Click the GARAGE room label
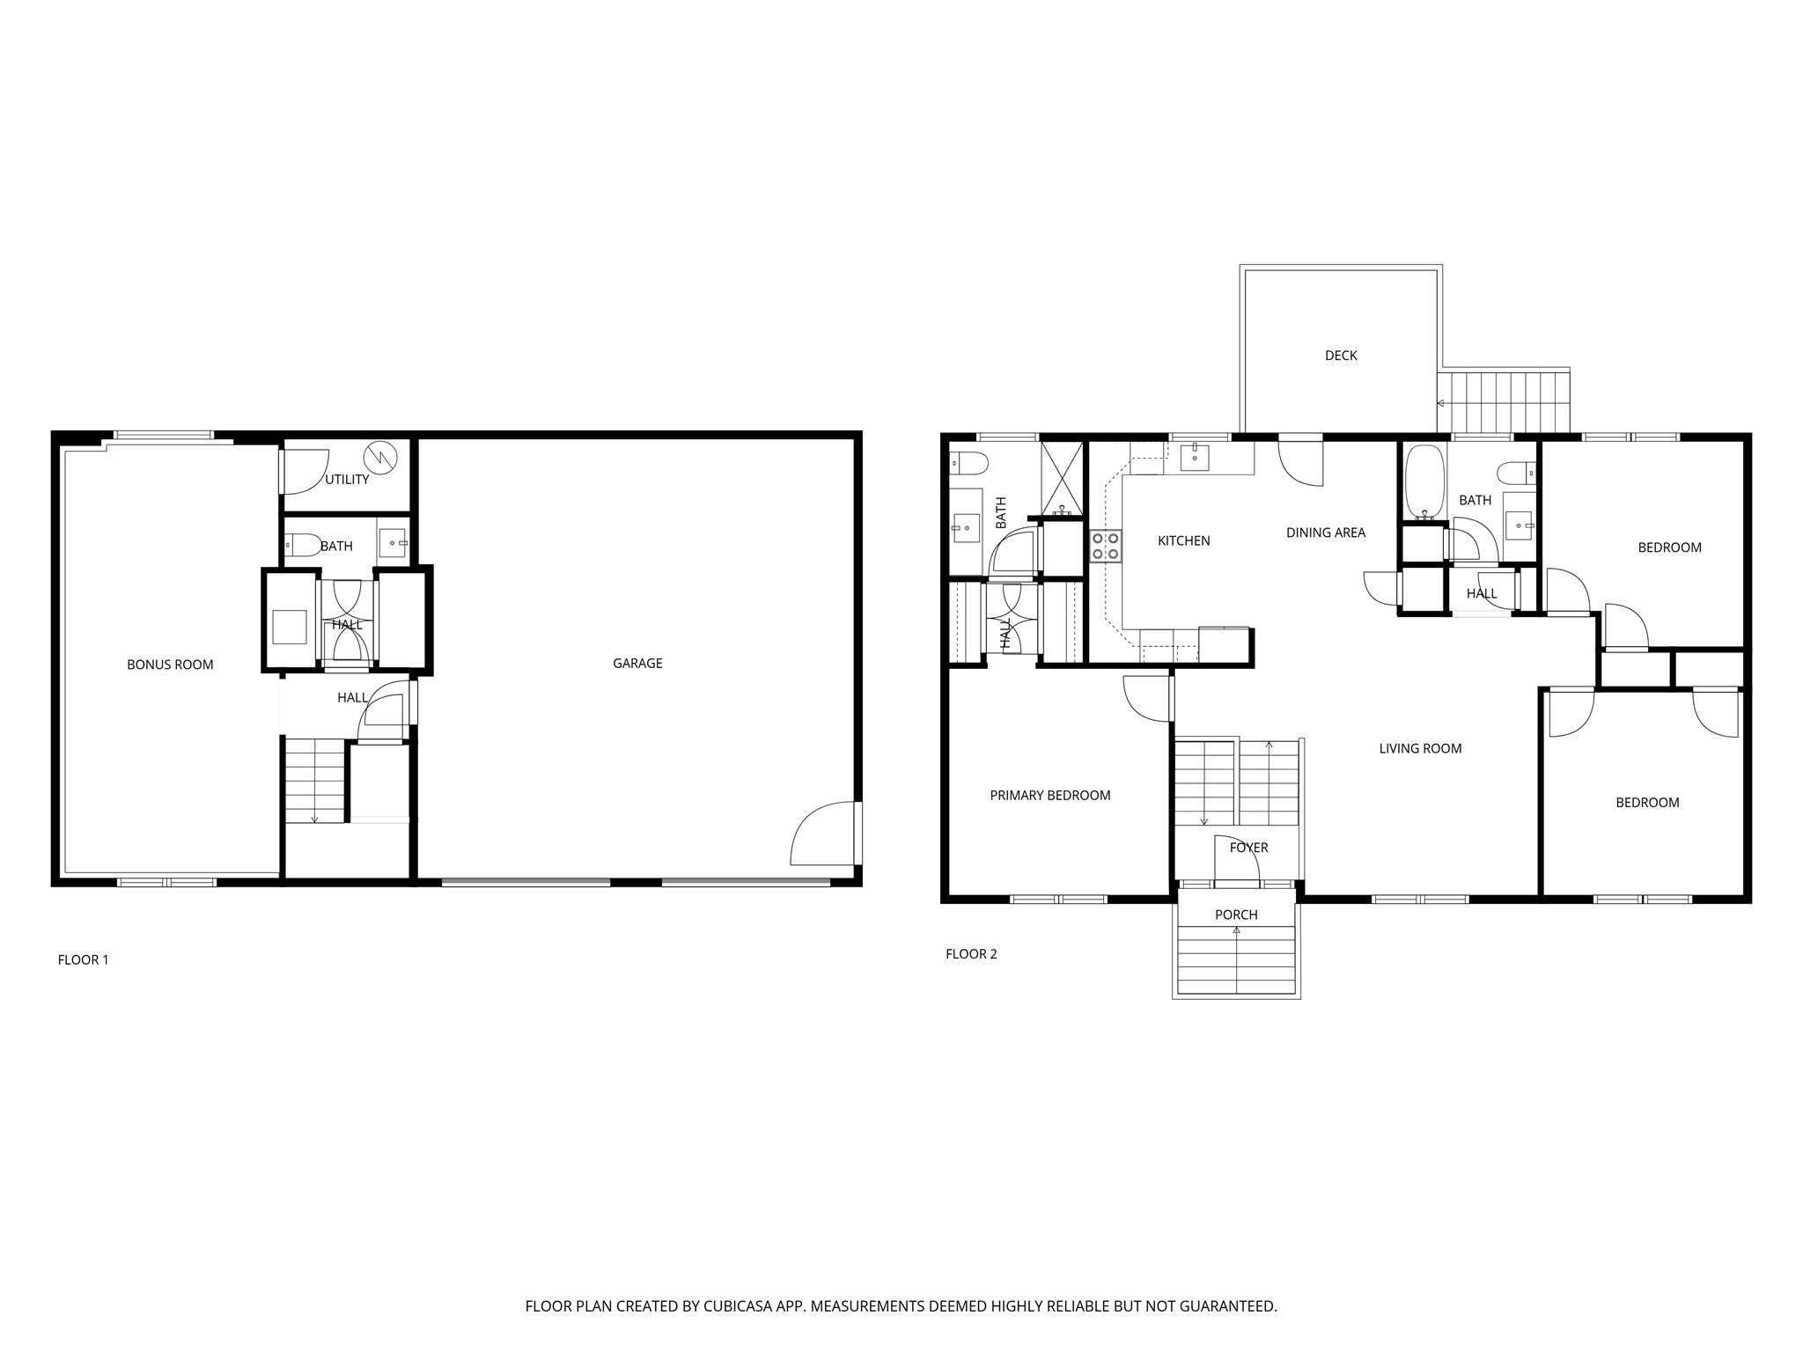pos(637,664)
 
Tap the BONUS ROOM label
pos(170,665)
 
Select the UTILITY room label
pos(347,480)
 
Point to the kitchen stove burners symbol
pos(1106,546)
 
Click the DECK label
pos(1341,356)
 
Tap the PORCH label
pos(1236,915)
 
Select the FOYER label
pos(1248,848)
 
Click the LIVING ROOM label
pos(1420,749)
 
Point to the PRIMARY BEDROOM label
pos(1050,796)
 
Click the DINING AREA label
pos(1325,533)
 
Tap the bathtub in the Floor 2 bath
pos(1424,481)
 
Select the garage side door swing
pos(823,834)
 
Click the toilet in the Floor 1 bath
pos(302,546)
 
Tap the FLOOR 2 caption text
pos(971,954)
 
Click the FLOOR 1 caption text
pos(83,960)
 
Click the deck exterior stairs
pos(1504,402)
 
